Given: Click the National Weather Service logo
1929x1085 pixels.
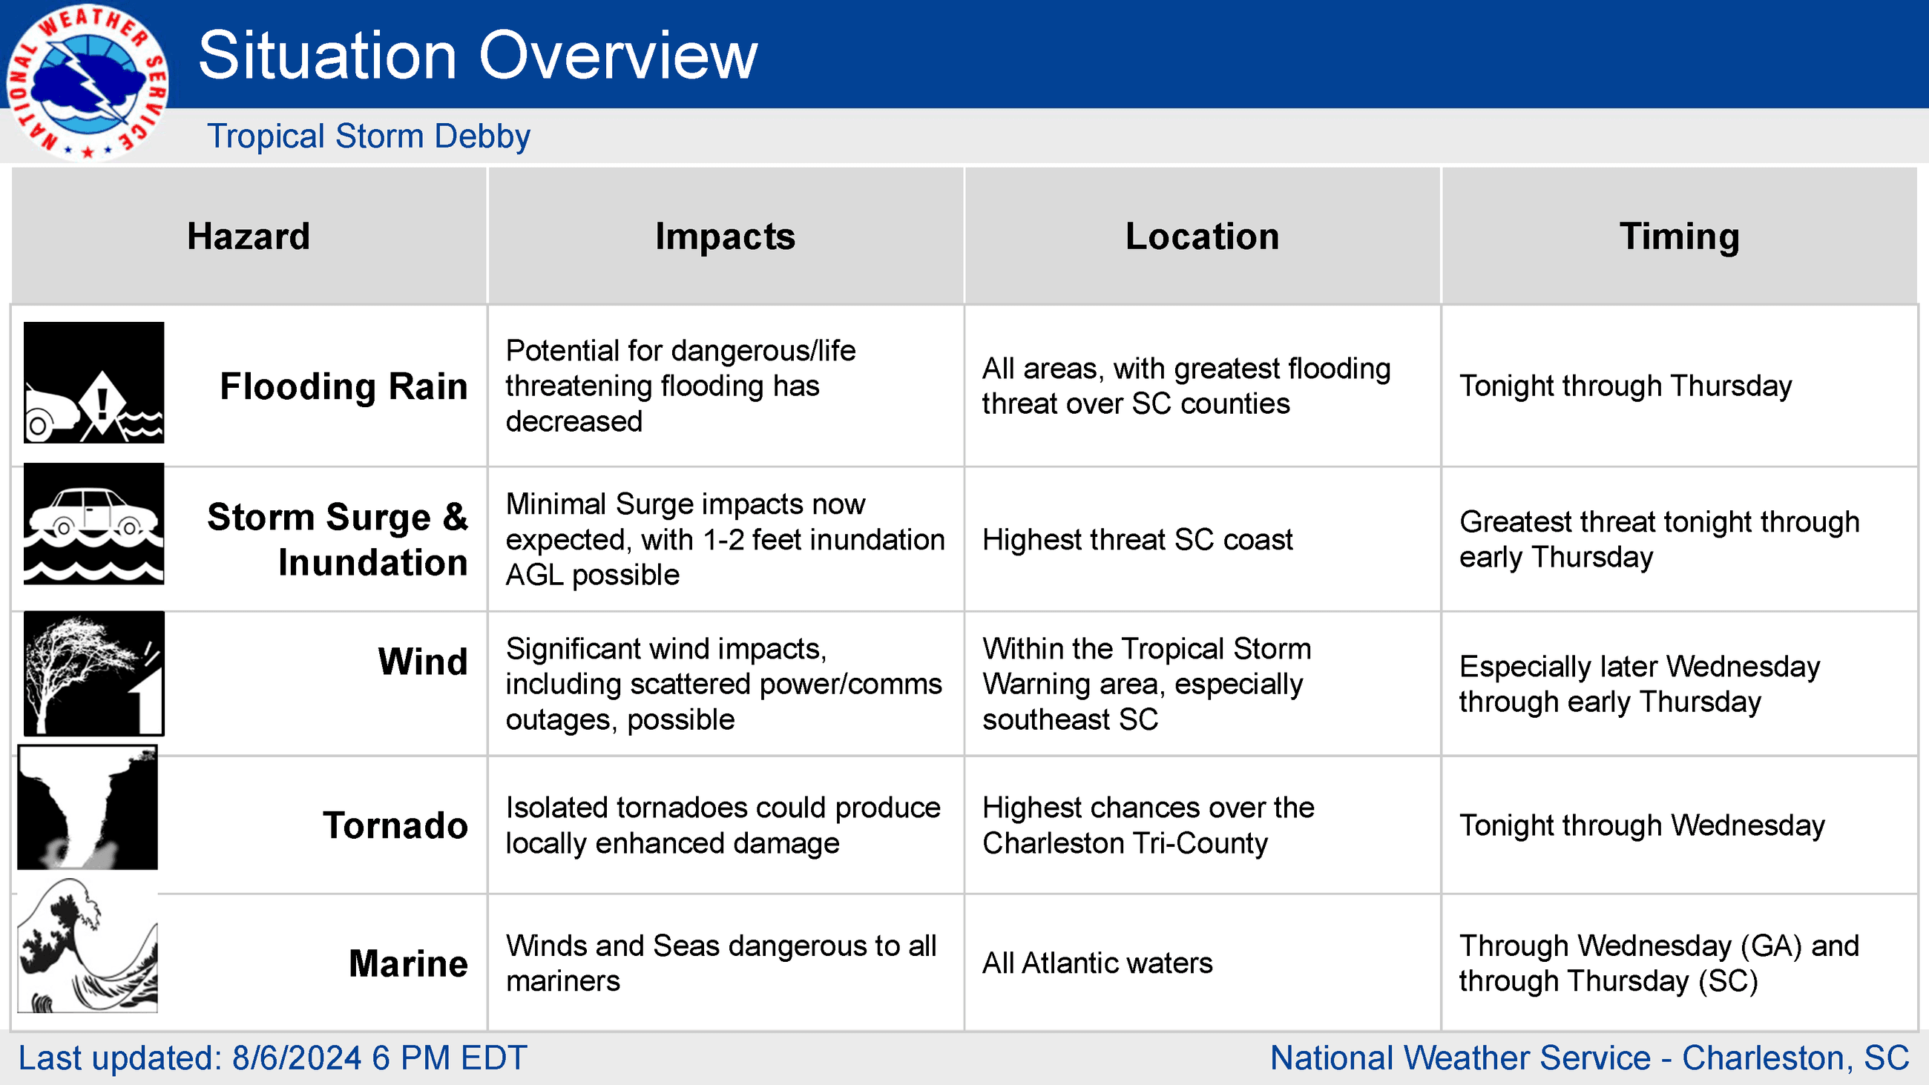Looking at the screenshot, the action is [88, 82].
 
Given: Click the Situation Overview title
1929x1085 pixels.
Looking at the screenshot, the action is [478, 56].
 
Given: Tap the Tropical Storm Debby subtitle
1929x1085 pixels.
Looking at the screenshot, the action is [369, 136].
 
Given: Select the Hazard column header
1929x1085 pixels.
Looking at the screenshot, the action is [249, 237].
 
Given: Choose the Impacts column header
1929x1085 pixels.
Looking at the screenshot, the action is [725, 237].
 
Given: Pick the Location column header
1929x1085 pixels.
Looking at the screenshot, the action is [1202, 237].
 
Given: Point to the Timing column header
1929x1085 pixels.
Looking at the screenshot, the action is [1680, 237].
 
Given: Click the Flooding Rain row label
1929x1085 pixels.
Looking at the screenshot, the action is [344, 387].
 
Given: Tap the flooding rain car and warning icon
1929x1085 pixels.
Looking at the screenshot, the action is [93, 383].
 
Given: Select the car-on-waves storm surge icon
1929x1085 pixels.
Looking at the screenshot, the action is [93, 524].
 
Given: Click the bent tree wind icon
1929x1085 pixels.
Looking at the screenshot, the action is [93, 674].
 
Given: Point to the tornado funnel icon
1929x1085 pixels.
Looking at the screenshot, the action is [88, 807].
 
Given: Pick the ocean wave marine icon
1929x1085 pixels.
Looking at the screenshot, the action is [88, 946].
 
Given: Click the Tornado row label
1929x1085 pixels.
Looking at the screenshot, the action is [395, 826].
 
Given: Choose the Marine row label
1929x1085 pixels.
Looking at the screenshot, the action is [408, 963].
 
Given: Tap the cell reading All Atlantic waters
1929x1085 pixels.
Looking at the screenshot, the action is [1097, 963].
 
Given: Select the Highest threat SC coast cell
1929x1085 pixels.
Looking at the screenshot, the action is [1137, 540].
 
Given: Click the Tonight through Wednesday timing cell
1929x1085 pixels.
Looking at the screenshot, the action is [1641, 826].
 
